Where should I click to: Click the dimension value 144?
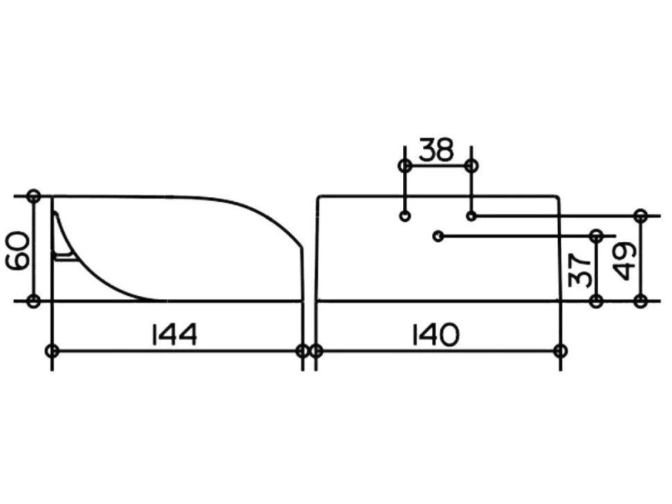click(x=175, y=334)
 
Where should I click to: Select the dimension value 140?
click(x=435, y=334)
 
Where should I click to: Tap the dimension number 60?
click(x=18, y=251)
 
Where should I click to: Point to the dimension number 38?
click(x=436, y=150)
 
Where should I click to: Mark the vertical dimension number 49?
click(x=625, y=261)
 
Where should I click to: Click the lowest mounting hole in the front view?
click(x=438, y=236)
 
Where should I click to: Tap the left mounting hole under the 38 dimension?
click(x=405, y=216)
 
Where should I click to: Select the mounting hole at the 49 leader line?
click(x=471, y=216)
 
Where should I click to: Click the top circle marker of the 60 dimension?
click(x=33, y=197)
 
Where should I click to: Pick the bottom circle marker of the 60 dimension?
click(x=33, y=301)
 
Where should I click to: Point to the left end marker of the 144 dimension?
click(x=52, y=351)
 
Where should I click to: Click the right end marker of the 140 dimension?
click(x=560, y=351)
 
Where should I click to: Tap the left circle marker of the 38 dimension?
click(x=405, y=165)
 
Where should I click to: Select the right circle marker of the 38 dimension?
click(x=471, y=165)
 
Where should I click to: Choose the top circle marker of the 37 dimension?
click(x=596, y=236)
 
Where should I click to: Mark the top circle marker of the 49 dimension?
click(x=641, y=216)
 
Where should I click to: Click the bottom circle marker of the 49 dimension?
click(x=641, y=301)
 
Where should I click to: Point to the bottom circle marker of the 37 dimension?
click(x=596, y=301)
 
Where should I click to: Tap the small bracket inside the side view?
click(x=64, y=256)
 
